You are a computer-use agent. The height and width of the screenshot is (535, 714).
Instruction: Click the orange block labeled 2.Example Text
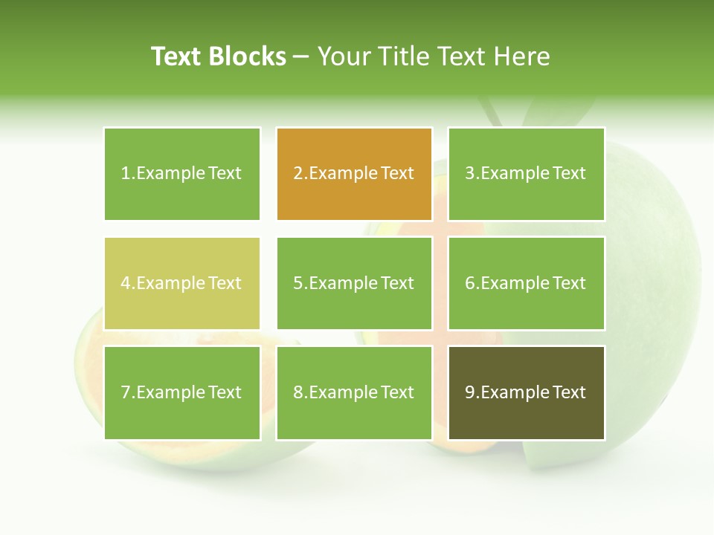[354, 174]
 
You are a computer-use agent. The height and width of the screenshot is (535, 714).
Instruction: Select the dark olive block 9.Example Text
[526, 392]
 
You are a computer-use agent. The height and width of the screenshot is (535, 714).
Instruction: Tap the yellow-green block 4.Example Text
[181, 283]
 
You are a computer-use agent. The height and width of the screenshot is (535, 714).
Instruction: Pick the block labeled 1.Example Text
[181, 174]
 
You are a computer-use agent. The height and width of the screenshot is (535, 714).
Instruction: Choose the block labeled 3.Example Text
[526, 174]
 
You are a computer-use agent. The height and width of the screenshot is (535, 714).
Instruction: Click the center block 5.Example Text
[354, 283]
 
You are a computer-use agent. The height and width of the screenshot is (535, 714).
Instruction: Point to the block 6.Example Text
[526, 283]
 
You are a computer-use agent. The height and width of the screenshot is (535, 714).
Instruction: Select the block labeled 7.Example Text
[181, 392]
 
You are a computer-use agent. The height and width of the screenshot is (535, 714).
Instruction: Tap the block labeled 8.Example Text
[354, 392]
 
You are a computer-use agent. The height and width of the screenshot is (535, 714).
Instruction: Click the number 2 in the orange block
[297, 174]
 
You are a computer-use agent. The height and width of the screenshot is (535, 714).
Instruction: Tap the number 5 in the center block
[297, 283]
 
